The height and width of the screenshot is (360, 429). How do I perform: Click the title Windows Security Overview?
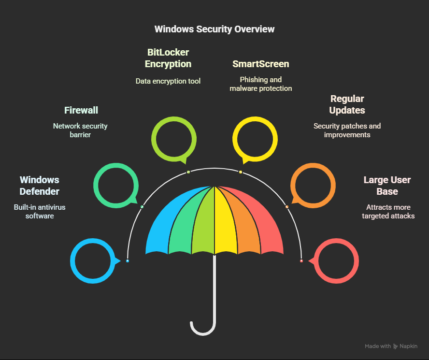coord(214,29)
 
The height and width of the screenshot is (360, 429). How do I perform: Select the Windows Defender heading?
coord(40,186)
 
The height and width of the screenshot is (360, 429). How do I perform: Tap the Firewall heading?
coord(81,111)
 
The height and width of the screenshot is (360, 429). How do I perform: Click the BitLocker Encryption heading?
coord(168,58)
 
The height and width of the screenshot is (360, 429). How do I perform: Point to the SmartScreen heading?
coord(261,64)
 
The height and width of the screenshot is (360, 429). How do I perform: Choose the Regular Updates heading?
coord(347,104)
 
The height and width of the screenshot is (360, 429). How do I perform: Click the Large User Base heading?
coord(387,186)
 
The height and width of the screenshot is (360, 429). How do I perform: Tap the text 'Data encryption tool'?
coord(168,81)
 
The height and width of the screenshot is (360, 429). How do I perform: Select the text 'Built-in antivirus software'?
coord(40,211)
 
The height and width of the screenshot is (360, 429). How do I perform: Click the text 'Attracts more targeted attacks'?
coord(388,211)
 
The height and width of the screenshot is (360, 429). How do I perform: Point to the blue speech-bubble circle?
coord(93,261)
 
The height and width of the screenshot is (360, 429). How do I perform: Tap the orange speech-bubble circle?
coord(313,185)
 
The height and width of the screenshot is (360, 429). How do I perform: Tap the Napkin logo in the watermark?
coord(396,346)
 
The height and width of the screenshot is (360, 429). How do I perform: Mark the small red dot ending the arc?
coord(301,261)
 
